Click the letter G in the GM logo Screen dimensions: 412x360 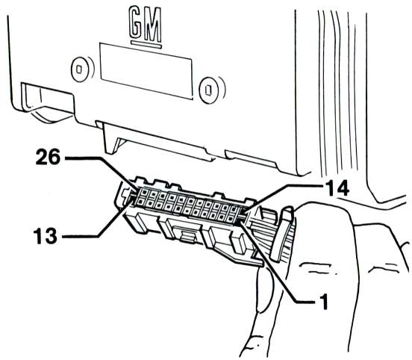[x=137, y=23]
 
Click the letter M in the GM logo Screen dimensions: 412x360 [x=153, y=26]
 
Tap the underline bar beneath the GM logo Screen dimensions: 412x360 [x=146, y=44]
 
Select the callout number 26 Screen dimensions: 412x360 [x=48, y=157]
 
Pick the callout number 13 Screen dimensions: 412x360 [x=46, y=236]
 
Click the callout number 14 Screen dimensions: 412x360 [x=337, y=187]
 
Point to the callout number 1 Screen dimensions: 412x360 [x=324, y=302]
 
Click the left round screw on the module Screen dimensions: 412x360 [x=79, y=69]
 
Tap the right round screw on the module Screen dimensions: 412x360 [x=208, y=90]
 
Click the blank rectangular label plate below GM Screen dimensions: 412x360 [x=146, y=71]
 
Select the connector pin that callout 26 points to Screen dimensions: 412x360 [x=144, y=193]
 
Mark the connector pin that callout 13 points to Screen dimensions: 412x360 [x=140, y=202]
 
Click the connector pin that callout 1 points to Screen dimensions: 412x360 [x=231, y=218]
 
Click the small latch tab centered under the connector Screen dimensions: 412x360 [x=188, y=235]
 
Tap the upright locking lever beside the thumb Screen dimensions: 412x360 [x=282, y=235]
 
